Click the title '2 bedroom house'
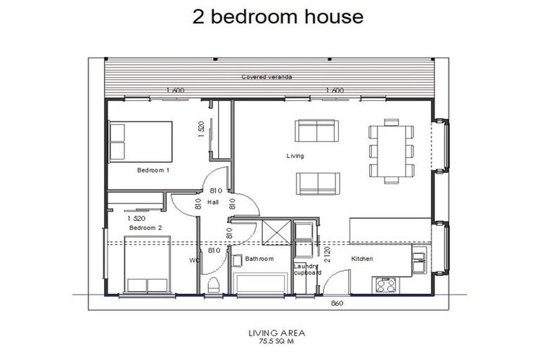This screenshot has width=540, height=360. (278, 17)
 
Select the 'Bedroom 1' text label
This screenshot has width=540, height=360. (153, 170)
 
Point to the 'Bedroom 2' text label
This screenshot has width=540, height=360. (146, 228)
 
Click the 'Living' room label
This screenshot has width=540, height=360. (295, 155)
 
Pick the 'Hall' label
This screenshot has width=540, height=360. (213, 202)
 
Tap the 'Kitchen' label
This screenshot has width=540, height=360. (362, 259)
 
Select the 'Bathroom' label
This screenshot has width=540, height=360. (258, 259)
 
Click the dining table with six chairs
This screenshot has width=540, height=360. (392, 150)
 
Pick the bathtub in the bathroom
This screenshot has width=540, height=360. (260, 284)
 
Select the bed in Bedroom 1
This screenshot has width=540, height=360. (141, 141)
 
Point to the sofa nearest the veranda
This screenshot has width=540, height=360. (316, 131)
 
